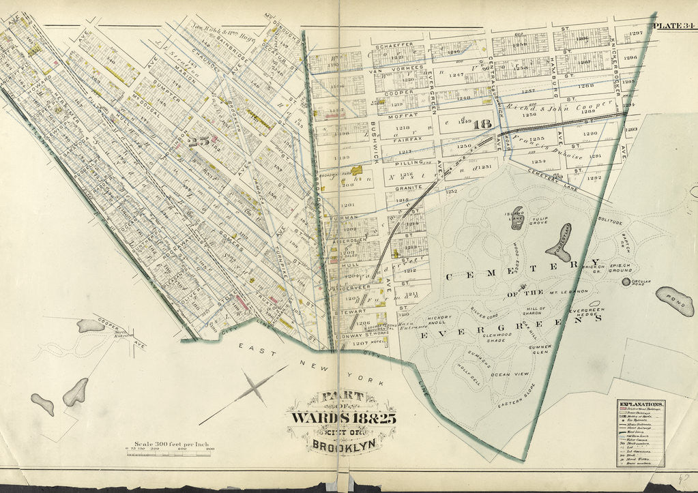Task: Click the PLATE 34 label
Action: pos(673,27)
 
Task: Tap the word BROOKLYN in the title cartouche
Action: pos(337,447)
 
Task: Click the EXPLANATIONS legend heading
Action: pos(640,404)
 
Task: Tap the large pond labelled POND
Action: pos(674,301)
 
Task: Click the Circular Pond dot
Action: pos(626,281)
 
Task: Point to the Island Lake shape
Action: pos(517,218)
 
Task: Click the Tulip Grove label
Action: pos(540,222)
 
